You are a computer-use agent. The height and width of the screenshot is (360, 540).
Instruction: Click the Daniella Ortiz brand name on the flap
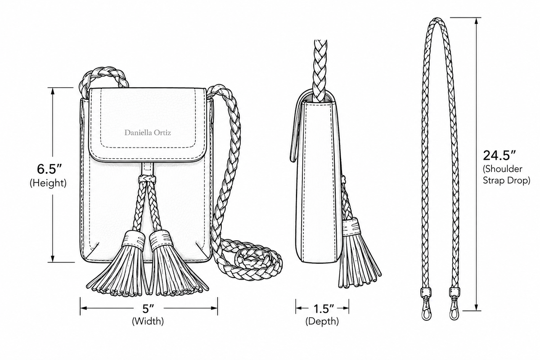[x=148, y=133]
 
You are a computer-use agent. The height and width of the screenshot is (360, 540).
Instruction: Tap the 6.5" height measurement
[x=49, y=169]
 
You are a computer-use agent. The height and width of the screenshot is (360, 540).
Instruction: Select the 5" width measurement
[x=148, y=308]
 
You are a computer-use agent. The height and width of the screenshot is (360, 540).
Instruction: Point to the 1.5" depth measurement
[x=324, y=309]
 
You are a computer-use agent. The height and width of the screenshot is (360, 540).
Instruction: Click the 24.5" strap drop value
[x=499, y=155]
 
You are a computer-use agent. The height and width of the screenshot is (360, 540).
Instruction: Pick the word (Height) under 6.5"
[x=48, y=183]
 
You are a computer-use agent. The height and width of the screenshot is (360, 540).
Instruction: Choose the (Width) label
[x=148, y=321]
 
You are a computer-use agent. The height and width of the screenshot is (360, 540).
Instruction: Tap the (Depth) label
[x=322, y=321]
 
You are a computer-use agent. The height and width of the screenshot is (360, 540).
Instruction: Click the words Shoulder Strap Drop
[x=506, y=175]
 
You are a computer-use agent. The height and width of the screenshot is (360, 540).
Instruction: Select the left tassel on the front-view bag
[x=119, y=264]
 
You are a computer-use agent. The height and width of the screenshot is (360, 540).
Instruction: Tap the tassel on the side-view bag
[x=359, y=253]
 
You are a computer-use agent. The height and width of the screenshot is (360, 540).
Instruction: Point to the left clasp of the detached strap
[x=426, y=304]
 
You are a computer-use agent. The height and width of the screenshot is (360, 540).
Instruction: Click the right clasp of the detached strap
[x=454, y=304]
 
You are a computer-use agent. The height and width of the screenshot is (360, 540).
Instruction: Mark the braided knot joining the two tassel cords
[x=147, y=179]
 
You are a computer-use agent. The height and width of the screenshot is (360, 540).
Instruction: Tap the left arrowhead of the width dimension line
[x=84, y=308]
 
